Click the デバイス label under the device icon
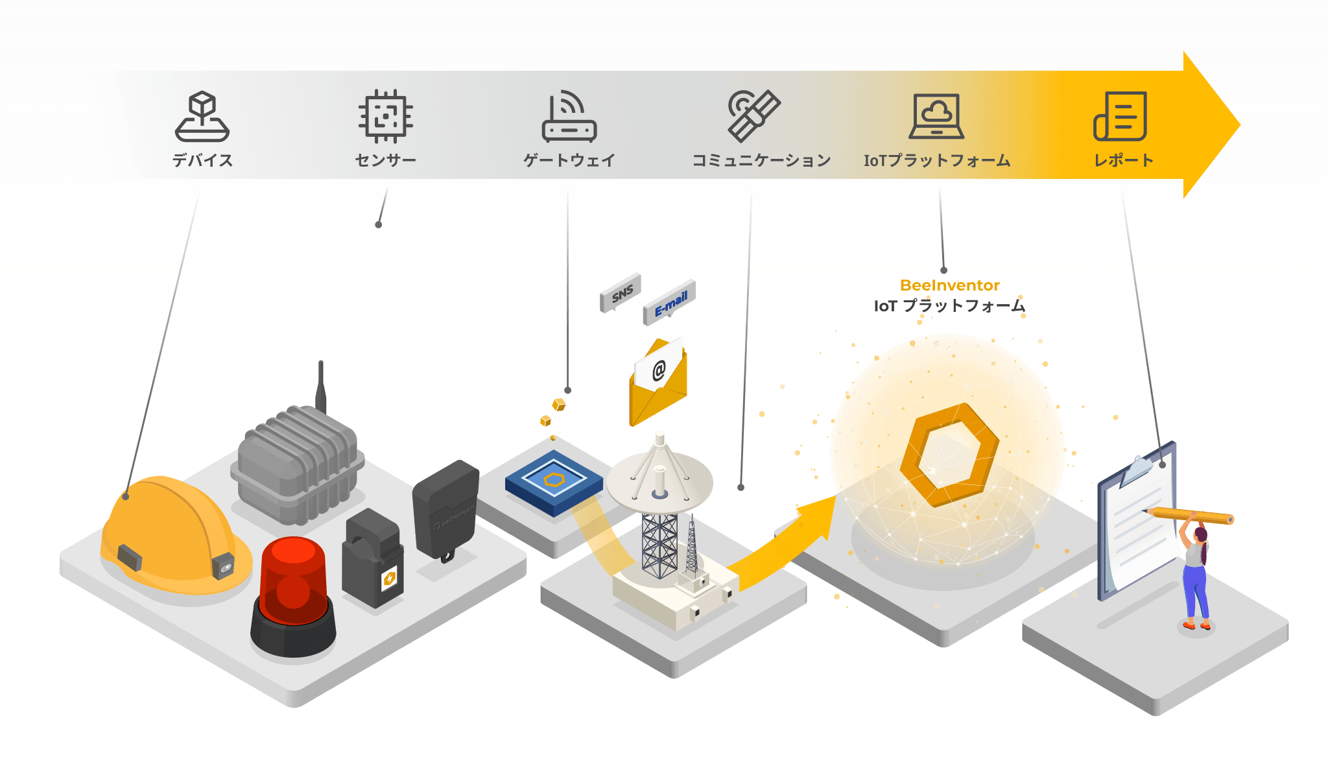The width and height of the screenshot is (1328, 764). pos(202,160)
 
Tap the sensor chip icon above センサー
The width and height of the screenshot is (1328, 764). pos(386,116)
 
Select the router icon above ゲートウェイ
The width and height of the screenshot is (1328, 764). pos(569,116)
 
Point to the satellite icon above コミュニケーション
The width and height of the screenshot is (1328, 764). pos(753,115)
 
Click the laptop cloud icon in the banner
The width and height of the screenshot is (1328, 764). pos(936,116)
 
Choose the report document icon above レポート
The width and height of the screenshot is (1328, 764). pos(1120,116)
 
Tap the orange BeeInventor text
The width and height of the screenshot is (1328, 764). pos(950,285)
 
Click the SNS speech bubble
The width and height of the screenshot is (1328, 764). pos(621,293)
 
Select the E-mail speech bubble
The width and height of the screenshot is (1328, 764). pos(670,302)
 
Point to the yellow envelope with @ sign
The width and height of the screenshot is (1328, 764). pos(658,383)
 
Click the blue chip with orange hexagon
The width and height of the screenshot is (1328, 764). pos(554,483)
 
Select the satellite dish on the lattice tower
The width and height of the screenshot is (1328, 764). pos(659,480)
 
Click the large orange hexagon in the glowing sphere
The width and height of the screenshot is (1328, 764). pos(949,454)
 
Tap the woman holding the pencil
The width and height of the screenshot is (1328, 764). pos(1195,571)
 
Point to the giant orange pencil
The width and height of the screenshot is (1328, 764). pos(1189,516)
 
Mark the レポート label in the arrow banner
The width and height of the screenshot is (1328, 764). pos(1124,160)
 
